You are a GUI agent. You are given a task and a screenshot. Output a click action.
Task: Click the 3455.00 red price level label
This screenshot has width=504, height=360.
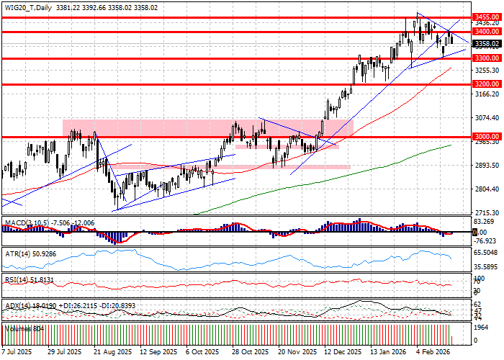coord(487,16)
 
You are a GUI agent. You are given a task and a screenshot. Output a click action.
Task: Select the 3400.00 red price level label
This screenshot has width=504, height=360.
coord(487,32)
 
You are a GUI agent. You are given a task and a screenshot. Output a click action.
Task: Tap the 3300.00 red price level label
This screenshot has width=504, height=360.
coord(487,58)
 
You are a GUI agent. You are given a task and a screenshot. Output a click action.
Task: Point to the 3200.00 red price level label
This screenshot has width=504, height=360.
coord(487,84)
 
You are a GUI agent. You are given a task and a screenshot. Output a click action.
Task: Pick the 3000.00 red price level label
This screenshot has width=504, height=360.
coord(487,136)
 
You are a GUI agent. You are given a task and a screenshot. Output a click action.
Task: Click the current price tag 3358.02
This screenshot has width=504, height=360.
coord(487,43)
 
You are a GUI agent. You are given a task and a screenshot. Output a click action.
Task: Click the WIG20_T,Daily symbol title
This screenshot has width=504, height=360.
coord(27,6)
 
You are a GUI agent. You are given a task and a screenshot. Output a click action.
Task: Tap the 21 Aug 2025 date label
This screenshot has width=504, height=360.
coord(107,352)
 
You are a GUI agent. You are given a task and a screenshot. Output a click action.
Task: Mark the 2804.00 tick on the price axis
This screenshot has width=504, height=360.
coord(487,189)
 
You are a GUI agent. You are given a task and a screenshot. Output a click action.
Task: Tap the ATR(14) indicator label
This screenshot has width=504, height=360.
coord(17,253)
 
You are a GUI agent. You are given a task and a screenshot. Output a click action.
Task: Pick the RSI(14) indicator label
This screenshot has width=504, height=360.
coord(17,279)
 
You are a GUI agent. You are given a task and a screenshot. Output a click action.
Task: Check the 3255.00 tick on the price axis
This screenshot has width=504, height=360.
coord(487,70)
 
